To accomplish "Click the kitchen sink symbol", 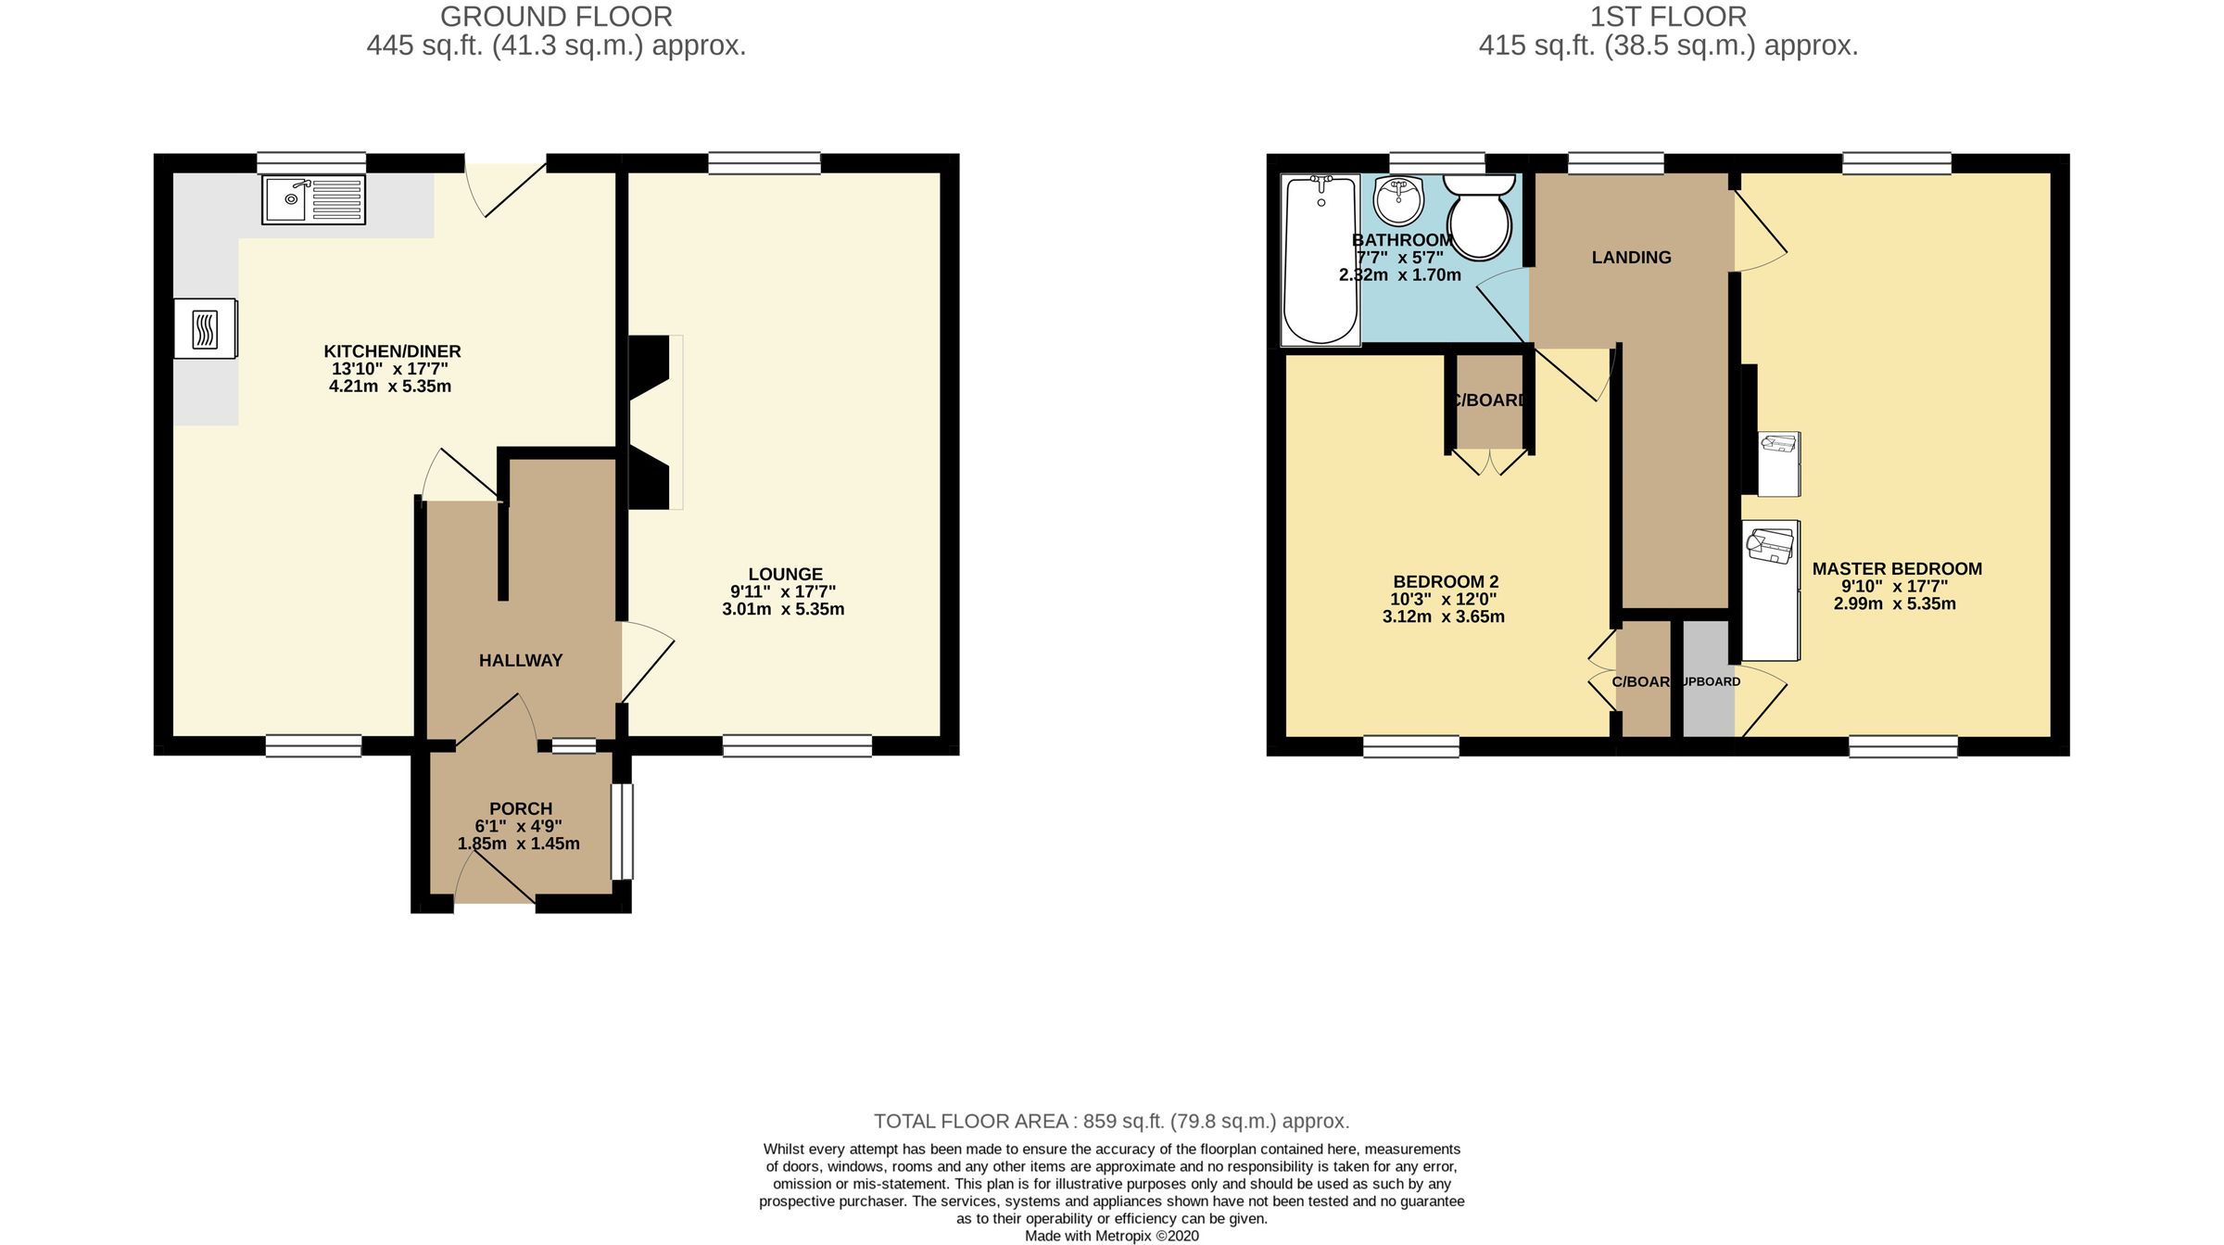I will [x=313, y=199].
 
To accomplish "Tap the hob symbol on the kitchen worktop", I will [x=205, y=328].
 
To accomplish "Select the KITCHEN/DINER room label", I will [x=392, y=351].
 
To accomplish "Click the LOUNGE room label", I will [x=785, y=574].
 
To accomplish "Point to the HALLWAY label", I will [x=521, y=660].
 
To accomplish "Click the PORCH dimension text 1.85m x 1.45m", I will [x=518, y=844].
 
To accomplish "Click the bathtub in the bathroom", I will [x=1320, y=260].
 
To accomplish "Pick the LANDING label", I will [x=1631, y=258].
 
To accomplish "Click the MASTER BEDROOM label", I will [x=1897, y=569].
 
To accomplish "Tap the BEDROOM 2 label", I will [x=1446, y=582].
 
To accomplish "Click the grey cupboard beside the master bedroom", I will [x=1707, y=705].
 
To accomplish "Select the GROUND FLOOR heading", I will [x=556, y=17].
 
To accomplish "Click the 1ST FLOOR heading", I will [x=1668, y=17].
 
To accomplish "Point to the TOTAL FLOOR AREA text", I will [x=1111, y=1121].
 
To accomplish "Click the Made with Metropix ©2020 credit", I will [x=1111, y=1236].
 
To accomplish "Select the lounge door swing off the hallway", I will [x=647, y=661].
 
